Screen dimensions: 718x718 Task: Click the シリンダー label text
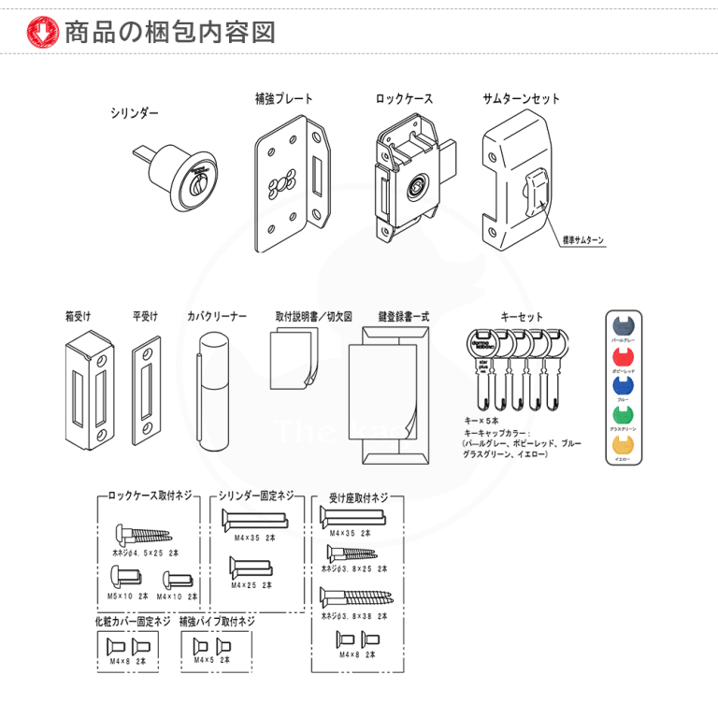[x=135, y=112]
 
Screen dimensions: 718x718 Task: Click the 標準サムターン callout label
[x=582, y=240]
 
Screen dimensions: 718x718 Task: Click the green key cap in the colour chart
[x=623, y=416]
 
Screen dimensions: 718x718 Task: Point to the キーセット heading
[x=519, y=316]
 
